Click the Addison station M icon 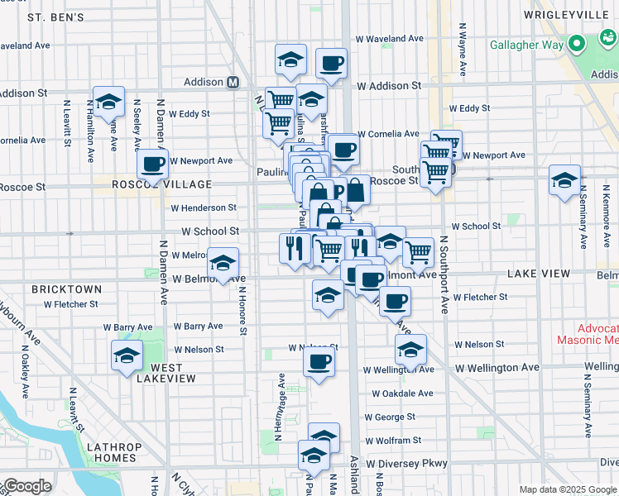click(233, 82)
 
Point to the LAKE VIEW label click(540, 273)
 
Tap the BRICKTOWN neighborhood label click(66, 289)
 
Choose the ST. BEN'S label click(55, 17)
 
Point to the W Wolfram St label click(393, 441)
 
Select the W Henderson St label click(203, 207)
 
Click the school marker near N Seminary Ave click(564, 179)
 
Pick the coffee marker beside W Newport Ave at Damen click(152, 164)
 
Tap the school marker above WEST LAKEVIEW click(126, 356)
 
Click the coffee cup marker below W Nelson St click(319, 361)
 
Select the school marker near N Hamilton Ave click(108, 102)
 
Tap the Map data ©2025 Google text click(568, 489)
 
